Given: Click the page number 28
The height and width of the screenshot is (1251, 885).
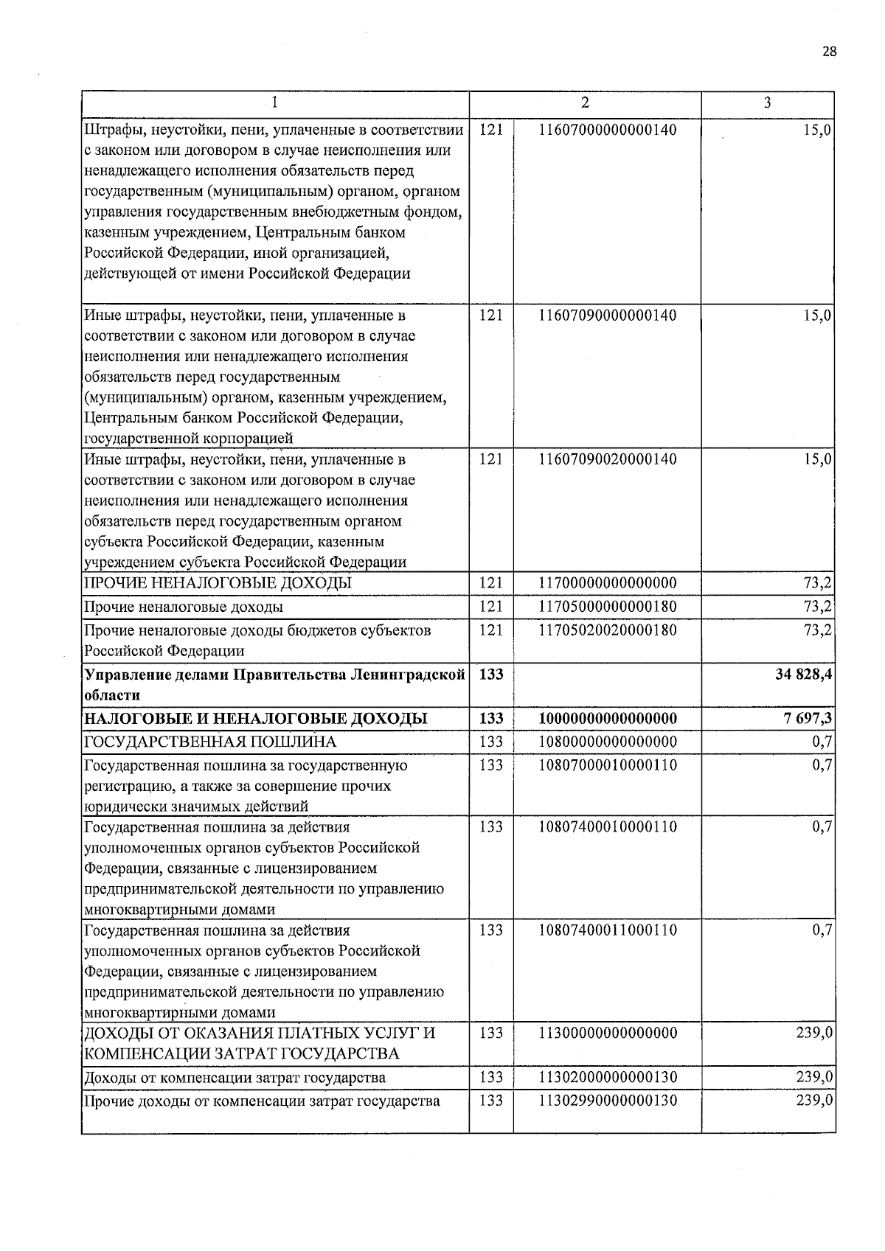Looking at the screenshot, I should coord(829,52).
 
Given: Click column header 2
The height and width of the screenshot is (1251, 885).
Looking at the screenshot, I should coord(585,103).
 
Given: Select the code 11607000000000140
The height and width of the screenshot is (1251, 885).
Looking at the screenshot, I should coord(608,130).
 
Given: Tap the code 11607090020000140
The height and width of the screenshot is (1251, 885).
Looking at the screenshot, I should coord(608,459).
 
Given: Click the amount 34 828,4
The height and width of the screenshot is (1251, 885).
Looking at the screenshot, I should coord(804,675).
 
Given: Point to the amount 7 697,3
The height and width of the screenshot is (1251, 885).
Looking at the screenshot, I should coord(808,719).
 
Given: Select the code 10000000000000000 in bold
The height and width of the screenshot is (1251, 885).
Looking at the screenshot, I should coord(608,719).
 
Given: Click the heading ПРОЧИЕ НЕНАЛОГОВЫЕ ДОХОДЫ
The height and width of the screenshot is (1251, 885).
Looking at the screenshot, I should coord(218,583).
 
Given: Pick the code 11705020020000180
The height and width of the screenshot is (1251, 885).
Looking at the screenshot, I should coord(608,630).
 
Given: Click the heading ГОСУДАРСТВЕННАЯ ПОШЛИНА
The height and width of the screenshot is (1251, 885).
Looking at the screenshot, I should coord(210,742).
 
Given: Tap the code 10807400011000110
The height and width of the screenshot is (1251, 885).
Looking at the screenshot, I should coord(608,930).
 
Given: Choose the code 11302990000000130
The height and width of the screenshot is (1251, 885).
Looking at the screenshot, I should coord(608,1101).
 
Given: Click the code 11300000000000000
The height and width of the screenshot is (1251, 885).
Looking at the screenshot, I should coord(608,1034).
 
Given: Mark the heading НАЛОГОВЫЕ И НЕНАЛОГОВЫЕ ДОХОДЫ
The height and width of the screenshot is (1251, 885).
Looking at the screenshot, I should coord(255,719).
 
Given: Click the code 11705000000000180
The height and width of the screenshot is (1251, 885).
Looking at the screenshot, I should coord(608,607).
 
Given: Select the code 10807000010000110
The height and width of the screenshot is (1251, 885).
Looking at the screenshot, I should coord(608,765).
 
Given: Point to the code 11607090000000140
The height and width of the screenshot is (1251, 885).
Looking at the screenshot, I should coord(608,316).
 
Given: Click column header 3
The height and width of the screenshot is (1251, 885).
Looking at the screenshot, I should coord(767,103).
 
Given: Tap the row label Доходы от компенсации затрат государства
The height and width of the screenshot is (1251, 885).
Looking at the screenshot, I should coord(235,1078).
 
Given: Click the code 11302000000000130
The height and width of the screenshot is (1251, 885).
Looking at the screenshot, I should coord(608,1078).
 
